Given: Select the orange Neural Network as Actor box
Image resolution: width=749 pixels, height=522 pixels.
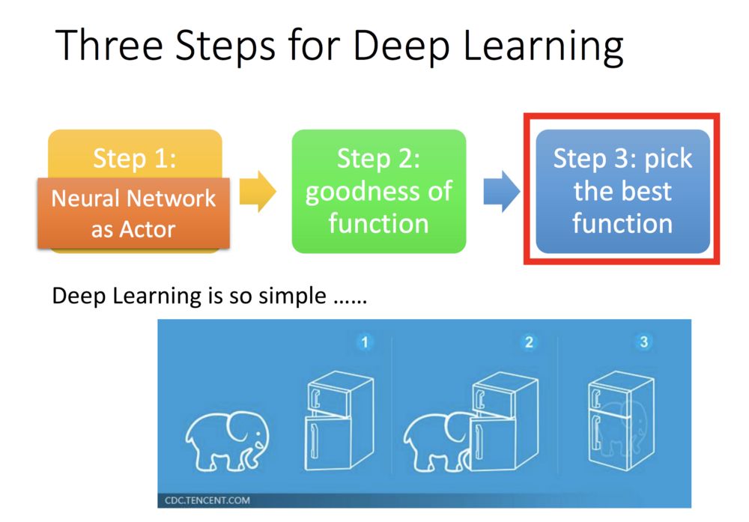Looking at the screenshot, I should (x=133, y=213).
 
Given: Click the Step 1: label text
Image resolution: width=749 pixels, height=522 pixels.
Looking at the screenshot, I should (x=135, y=158).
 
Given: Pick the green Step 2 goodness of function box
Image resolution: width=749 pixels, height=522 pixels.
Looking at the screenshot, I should (x=378, y=191).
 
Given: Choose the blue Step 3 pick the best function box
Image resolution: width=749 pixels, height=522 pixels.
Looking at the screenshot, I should (x=622, y=191).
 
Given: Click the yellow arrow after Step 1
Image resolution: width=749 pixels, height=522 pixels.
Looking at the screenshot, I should (x=258, y=191).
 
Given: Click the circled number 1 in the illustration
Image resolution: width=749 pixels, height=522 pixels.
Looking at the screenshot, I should (x=365, y=343).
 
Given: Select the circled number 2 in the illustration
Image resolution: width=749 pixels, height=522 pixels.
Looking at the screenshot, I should (x=529, y=343).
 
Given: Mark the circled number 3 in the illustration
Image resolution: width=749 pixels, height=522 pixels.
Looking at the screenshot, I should (x=643, y=343).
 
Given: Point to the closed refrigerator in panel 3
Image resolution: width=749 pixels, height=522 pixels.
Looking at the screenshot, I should (x=616, y=427).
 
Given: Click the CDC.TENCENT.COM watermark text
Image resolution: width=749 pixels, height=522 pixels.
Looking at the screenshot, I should (x=207, y=500).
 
